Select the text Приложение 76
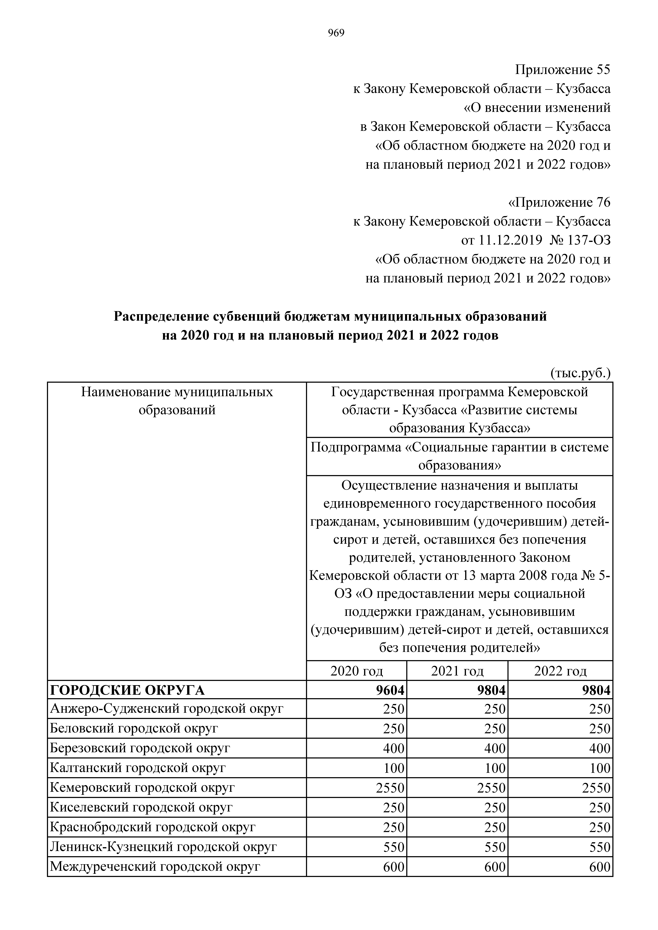click(x=559, y=202)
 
